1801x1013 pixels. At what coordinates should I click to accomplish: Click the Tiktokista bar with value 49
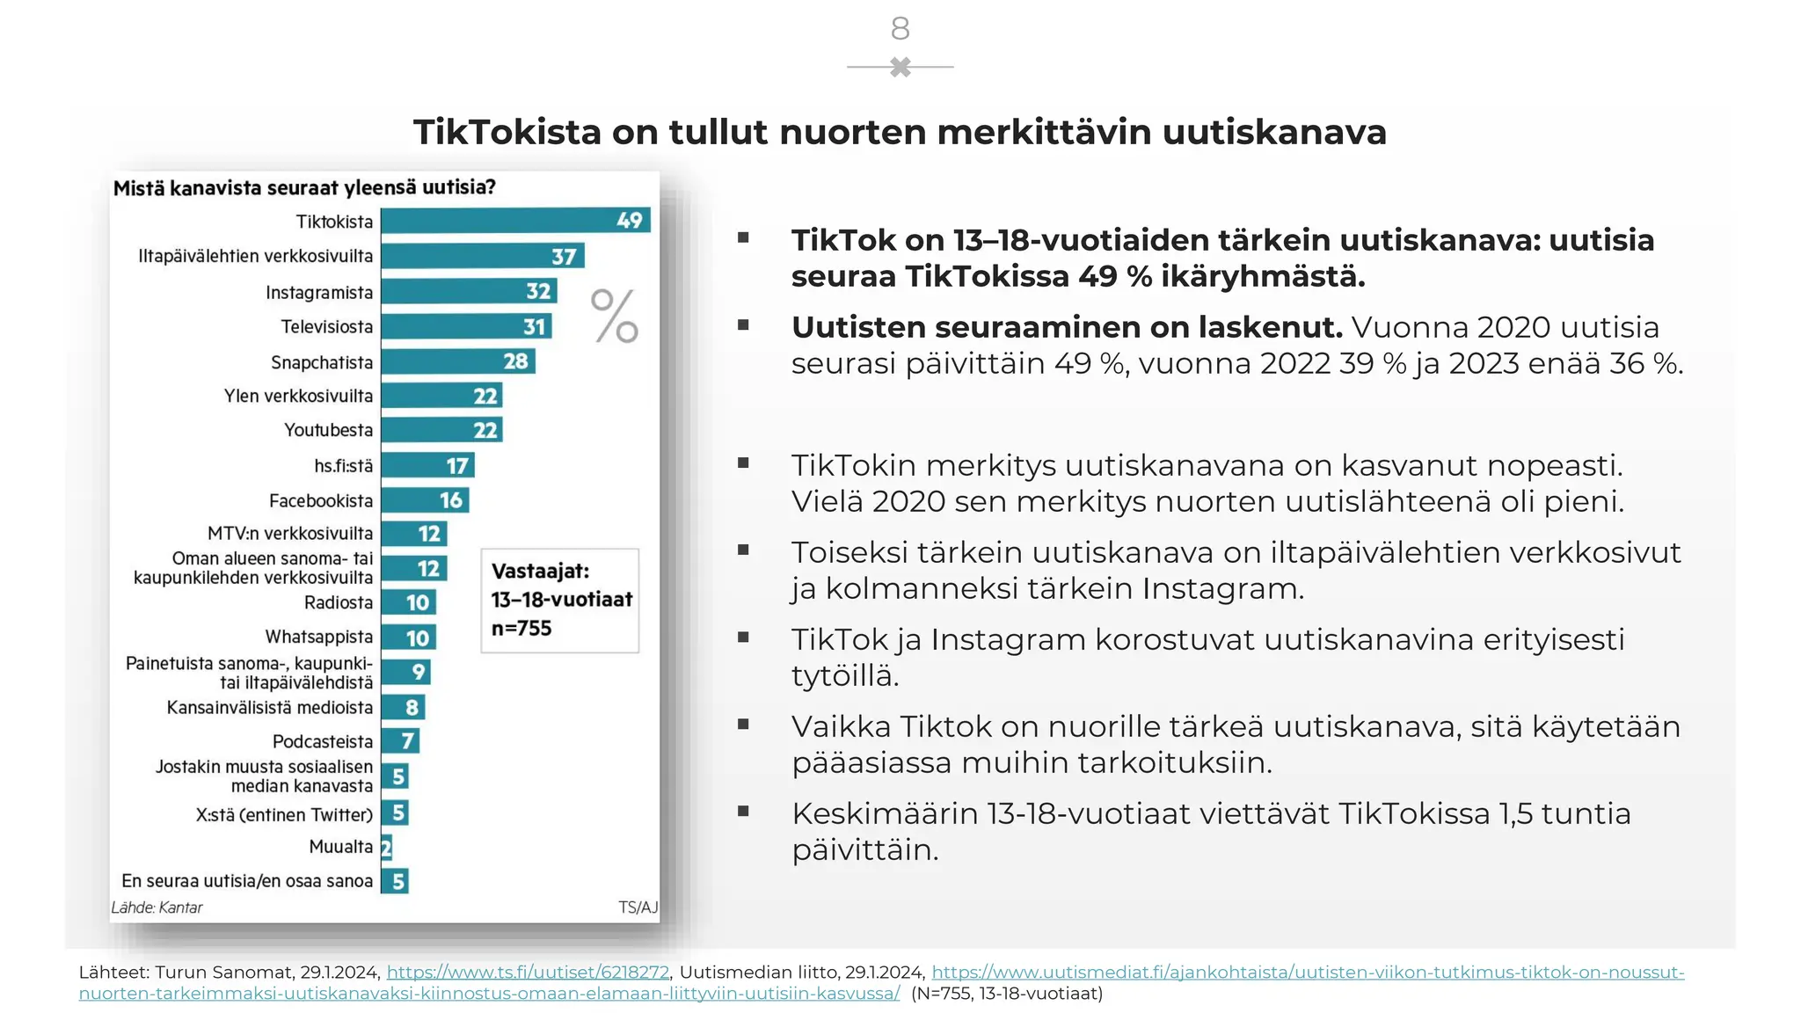click(514, 221)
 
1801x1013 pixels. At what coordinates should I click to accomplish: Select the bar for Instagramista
click(468, 291)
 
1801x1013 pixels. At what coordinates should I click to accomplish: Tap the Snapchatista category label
click(321, 362)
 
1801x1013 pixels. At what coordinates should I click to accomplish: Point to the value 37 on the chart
click(564, 257)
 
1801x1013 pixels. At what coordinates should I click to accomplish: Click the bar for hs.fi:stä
click(427, 465)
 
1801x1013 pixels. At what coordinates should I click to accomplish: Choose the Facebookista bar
click(425, 500)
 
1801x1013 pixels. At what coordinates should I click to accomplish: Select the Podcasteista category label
click(322, 741)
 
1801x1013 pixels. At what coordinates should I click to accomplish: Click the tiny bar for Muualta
click(386, 848)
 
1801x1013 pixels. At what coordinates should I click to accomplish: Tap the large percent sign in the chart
click(614, 317)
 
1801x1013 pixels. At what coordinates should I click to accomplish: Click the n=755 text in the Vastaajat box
click(521, 629)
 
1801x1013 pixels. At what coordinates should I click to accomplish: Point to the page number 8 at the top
click(900, 29)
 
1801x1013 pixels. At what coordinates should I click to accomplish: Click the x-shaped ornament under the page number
click(900, 67)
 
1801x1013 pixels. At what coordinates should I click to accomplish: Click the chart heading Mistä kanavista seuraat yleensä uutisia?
click(304, 187)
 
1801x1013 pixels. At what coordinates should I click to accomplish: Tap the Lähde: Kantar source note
click(157, 907)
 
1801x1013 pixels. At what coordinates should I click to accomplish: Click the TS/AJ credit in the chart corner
click(638, 907)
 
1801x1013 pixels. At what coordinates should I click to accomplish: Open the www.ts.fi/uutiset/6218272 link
click(528, 972)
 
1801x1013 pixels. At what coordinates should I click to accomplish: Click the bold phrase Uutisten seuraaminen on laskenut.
click(1067, 327)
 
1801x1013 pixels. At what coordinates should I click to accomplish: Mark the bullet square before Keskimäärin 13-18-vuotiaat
click(743, 812)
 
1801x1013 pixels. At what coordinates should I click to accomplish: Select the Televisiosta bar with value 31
click(466, 326)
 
